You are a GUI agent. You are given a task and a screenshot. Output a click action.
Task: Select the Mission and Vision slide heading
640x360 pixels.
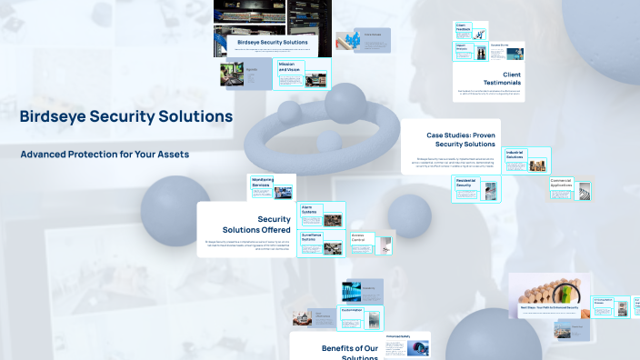point(288,66)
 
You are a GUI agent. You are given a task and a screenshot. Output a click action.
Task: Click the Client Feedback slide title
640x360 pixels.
point(462,27)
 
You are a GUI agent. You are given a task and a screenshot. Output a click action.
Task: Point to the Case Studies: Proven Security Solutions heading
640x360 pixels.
point(461,140)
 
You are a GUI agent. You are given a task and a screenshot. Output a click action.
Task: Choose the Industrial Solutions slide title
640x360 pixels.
point(515,155)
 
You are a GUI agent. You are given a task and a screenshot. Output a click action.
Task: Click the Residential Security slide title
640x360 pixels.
point(465,184)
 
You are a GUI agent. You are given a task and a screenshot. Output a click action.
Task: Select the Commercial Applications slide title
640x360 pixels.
point(560,185)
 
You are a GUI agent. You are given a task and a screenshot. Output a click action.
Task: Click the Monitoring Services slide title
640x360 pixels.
point(263,183)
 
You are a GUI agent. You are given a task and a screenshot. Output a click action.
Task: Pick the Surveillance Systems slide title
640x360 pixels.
point(312,238)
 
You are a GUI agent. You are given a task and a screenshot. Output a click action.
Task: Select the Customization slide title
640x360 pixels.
point(351,310)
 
